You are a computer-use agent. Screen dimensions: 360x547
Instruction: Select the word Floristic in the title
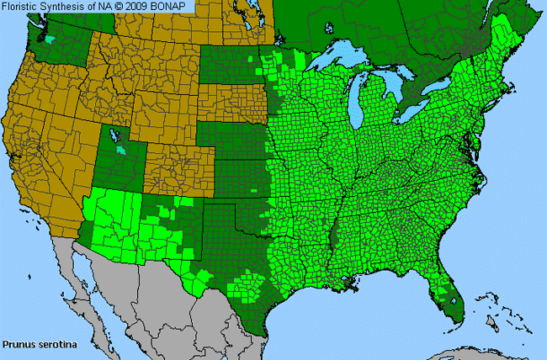point(25,8)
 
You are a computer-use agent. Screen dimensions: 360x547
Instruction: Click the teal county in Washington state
point(53,39)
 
